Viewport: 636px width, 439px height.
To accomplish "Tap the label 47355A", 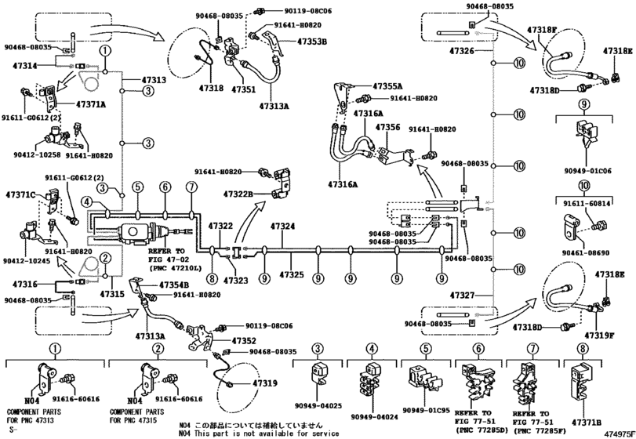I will [x=387, y=85].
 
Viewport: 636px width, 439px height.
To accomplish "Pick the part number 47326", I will [x=462, y=51].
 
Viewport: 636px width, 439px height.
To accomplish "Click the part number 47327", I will [x=462, y=295].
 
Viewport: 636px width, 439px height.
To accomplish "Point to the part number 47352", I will [x=244, y=341].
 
